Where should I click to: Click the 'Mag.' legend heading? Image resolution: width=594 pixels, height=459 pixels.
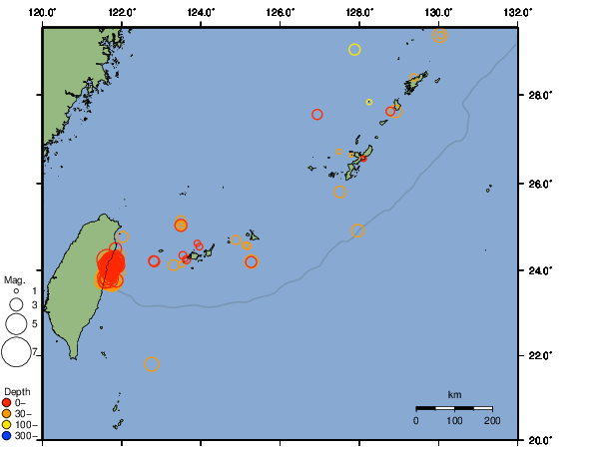[14, 280]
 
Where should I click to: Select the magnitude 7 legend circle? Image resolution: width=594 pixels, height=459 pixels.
[16, 352]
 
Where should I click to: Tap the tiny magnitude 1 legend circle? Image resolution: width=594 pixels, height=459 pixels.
[16, 290]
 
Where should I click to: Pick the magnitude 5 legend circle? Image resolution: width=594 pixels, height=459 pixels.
[16, 323]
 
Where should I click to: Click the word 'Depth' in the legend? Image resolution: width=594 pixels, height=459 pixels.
[17, 390]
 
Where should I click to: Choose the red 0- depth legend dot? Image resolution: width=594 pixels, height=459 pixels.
[7, 402]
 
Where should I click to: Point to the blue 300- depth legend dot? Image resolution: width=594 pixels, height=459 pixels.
[7, 435]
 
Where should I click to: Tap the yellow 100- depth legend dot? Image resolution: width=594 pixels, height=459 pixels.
[7, 424]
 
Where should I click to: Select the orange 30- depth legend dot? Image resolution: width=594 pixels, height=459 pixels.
[7, 413]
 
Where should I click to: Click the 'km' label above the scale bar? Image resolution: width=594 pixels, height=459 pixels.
[454, 395]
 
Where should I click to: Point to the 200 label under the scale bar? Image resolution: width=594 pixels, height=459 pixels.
[492, 421]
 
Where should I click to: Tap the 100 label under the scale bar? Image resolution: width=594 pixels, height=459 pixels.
[454, 421]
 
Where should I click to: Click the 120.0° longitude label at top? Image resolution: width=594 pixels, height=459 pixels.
[43, 11]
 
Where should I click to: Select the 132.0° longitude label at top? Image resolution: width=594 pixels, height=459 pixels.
[517, 11]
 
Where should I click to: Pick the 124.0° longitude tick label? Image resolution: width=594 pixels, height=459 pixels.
[201, 11]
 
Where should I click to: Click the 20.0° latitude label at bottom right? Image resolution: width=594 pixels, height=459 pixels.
[539, 440]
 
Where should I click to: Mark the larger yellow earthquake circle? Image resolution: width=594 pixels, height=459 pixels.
[354, 50]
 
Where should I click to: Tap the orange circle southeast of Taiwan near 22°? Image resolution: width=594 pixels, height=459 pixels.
[152, 364]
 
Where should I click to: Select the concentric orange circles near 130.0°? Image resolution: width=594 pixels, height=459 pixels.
[440, 36]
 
